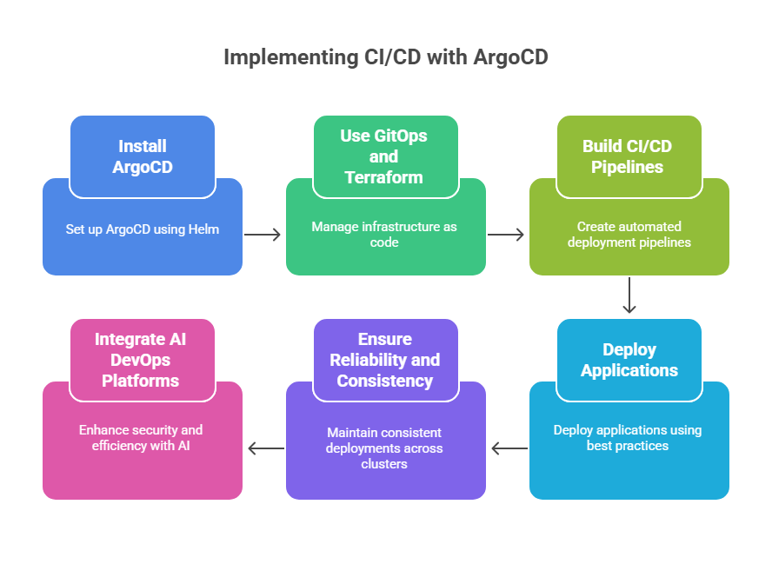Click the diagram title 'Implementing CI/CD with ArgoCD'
386,57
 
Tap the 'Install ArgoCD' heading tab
143,156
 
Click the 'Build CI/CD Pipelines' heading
629,156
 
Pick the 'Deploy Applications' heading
629,360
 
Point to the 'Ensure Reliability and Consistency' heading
385,360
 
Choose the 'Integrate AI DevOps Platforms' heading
143,360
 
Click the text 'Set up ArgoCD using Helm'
143,229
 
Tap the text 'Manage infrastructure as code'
384,235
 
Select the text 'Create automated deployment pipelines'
629,235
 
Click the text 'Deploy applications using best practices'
629,438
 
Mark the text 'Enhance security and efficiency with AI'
143,438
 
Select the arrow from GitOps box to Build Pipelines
507,234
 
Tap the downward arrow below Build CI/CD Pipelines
629,296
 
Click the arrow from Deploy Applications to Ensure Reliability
508,448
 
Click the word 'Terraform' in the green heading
383,177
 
